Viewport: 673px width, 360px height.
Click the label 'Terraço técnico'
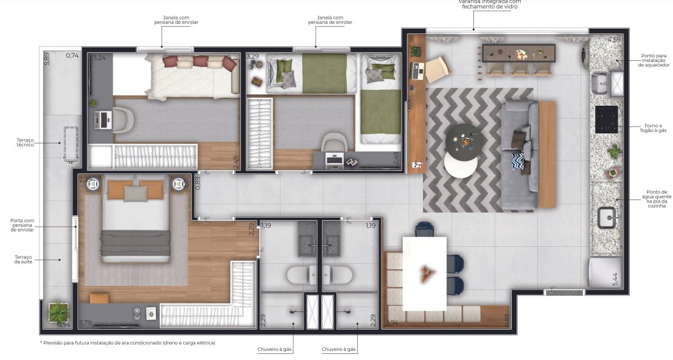click(x=25, y=142)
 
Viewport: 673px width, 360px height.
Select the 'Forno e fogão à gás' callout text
click(x=653, y=127)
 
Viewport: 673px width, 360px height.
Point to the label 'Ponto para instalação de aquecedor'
click(x=655, y=60)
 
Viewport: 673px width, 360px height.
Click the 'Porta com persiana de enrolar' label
click(x=22, y=225)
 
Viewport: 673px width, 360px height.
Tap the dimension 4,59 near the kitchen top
click(x=613, y=40)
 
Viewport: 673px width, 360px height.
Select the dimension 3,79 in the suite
click(x=85, y=323)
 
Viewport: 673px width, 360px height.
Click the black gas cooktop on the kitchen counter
click(x=606, y=119)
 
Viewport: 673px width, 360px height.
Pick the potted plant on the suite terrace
click(x=57, y=313)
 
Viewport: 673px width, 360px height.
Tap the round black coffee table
click(x=465, y=140)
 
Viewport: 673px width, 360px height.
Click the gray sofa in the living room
click(x=519, y=155)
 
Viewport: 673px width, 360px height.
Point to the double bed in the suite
click(x=135, y=220)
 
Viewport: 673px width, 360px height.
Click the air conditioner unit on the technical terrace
click(x=71, y=144)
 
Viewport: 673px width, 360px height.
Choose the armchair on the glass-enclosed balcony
click(x=437, y=69)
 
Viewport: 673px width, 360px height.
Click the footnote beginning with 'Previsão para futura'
click(x=127, y=343)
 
